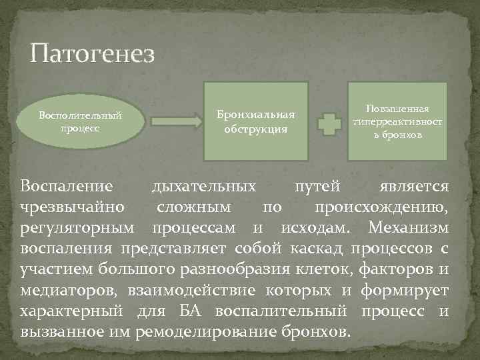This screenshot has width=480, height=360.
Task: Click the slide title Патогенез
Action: click(x=92, y=53)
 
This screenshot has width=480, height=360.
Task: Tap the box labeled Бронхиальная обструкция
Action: click(x=255, y=121)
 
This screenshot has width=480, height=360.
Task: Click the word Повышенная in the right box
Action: click(x=398, y=109)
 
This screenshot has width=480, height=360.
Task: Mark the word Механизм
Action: click(x=408, y=228)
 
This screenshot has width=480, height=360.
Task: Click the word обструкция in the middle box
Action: click(x=255, y=128)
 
